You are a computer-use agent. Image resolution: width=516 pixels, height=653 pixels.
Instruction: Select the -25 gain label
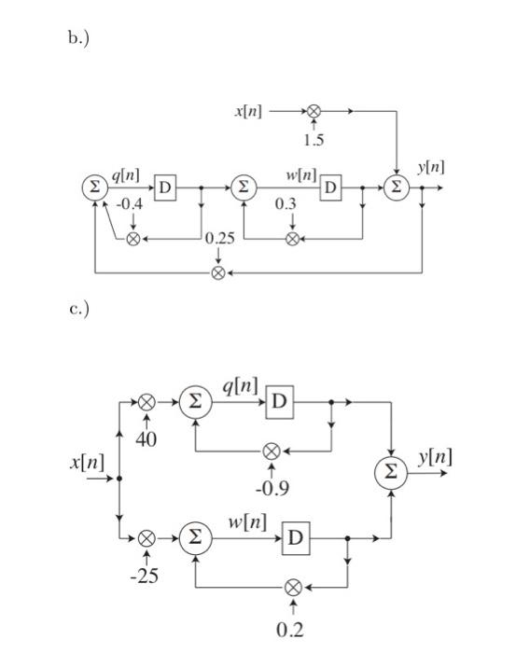tap(145, 577)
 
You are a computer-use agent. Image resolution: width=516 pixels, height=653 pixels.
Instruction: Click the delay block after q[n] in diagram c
tap(281, 402)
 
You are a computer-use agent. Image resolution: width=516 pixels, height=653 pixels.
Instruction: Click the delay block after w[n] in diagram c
tap(296, 538)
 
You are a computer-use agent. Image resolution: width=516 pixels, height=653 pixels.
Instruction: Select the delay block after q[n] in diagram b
tap(165, 188)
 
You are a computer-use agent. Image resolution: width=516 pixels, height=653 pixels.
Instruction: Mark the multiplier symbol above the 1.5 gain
tap(314, 111)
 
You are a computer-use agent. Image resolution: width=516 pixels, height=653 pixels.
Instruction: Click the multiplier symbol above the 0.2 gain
tap(293, 588)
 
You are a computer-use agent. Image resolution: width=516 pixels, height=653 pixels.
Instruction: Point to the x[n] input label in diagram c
tap(86, 463)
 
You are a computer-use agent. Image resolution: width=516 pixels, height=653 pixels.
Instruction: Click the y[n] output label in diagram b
tap(430, 167)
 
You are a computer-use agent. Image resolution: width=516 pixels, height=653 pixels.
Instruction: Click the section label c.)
tap(77, 310)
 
